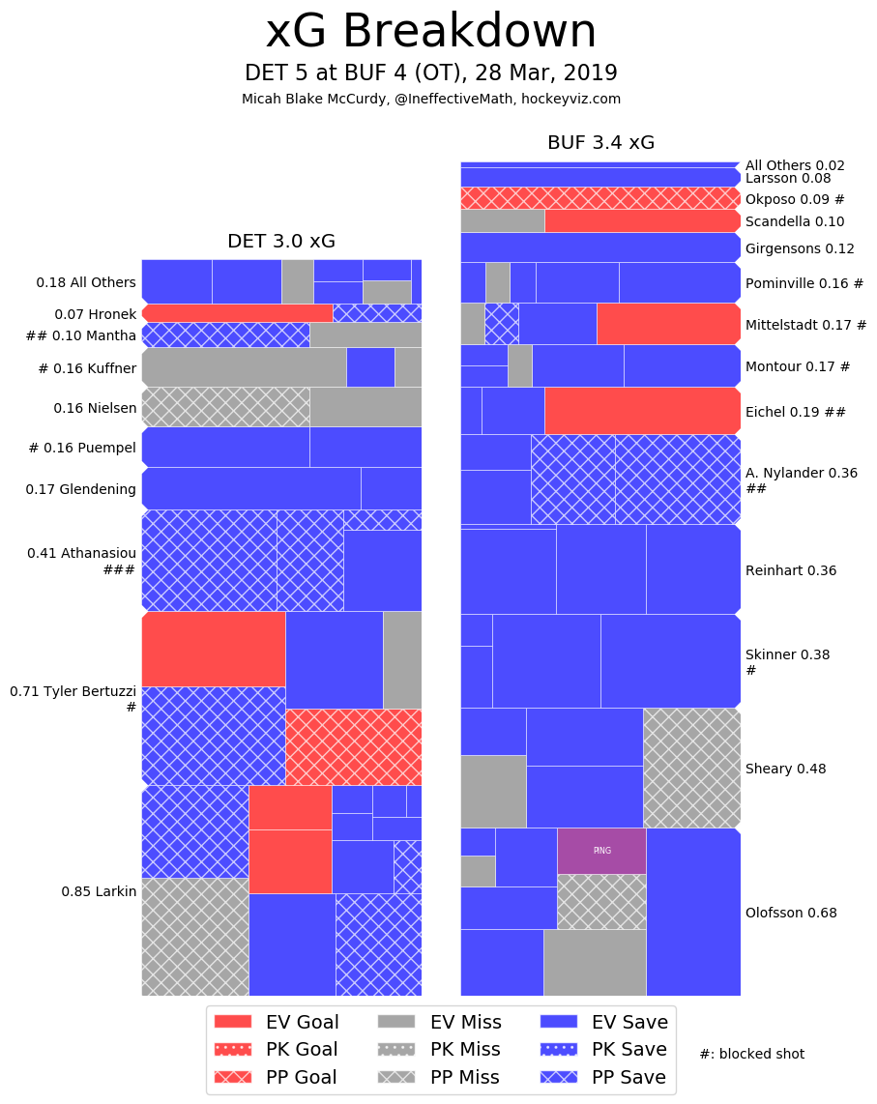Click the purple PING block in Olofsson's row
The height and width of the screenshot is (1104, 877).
[x=601, y=851]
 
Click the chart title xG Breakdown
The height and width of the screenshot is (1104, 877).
[x=431, y=32]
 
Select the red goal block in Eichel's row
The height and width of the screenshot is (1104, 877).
[x=642, y=411]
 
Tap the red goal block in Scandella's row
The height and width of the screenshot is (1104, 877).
[x=642, y=220]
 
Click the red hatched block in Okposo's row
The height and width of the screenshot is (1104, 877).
[x=599, y=198]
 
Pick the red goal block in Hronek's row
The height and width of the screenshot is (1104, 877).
[x=238, y=313]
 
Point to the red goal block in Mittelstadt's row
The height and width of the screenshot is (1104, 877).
[x=668, y=324]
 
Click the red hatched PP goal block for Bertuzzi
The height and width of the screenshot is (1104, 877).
[x=353, y=746]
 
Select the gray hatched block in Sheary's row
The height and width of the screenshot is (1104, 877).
[x=691, y=768]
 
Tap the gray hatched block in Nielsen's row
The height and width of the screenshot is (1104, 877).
[x=225, y=407]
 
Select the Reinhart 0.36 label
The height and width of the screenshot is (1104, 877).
[x=791, y=570]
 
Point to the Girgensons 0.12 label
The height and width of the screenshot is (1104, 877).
[x=800, y=248]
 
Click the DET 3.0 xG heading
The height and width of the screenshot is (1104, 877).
[x=281, y=242]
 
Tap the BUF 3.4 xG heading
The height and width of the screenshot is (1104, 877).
[x=600, y=143]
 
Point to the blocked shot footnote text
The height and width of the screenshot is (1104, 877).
[x=751, y=1054]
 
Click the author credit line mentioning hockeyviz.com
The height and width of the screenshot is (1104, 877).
[x=431, y=99]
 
